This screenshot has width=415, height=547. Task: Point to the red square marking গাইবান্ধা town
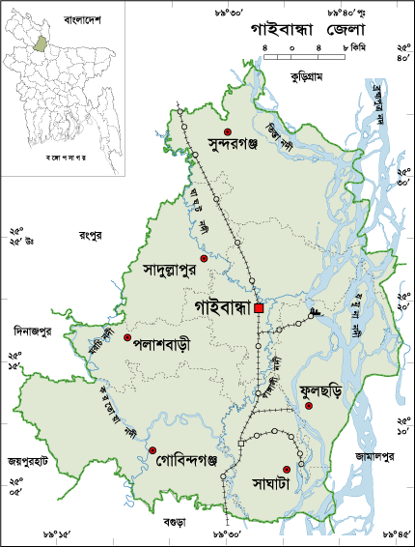point(259,308)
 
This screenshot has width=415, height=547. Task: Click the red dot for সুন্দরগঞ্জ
point(228,130)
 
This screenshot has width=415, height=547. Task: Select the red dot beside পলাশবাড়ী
point(127,337)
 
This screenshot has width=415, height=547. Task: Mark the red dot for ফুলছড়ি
point(309,407)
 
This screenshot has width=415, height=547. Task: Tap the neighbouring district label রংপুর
point(93,234)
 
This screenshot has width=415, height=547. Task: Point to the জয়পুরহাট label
point(27,461)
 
